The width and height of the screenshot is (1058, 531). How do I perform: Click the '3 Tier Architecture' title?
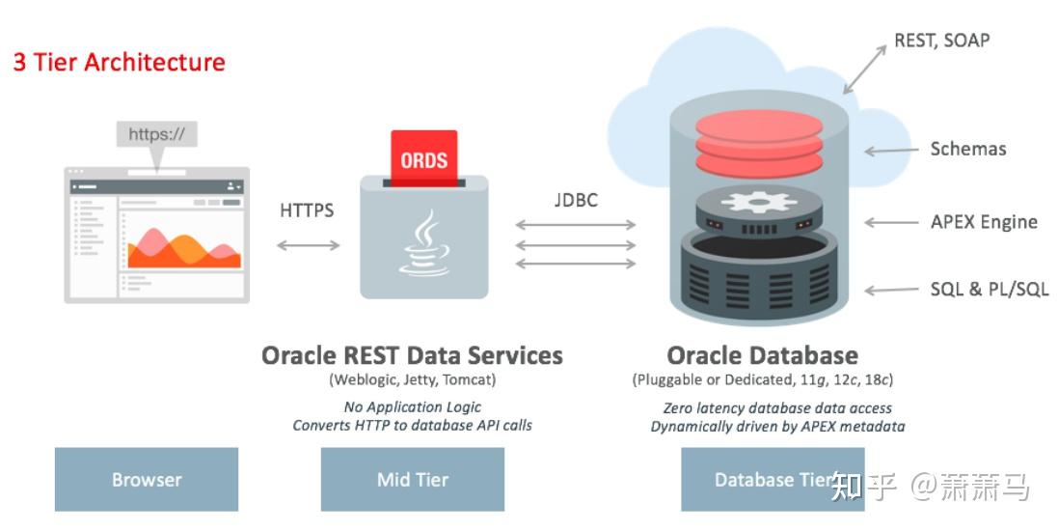(x=119, y=63)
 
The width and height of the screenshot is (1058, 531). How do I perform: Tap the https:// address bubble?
(x=156, y=134)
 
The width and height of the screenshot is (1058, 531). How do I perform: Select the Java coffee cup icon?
(x=423, y=245)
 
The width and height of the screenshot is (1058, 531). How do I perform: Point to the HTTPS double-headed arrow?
(x=308, y=245)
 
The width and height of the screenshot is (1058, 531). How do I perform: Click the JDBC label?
(x=576, y=200)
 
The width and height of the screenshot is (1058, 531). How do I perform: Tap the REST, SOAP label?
(x=942, y=40)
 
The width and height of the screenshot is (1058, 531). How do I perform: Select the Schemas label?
(x=967, y=149)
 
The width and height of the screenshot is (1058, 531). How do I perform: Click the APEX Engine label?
(x=984, y=222)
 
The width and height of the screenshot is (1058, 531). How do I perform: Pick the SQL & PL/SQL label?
(x=989, y=290)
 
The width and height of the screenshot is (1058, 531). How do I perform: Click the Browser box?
(x=147, y=479)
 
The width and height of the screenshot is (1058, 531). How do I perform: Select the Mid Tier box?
(x=413, y=479)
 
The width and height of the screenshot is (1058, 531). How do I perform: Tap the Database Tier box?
(x=773, y=479)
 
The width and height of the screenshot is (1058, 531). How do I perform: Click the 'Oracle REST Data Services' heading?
(x=412, y=355)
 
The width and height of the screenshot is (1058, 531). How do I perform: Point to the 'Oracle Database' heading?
(x=762, y=355)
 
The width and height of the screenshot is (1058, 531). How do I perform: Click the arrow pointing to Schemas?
(x=889, y=150)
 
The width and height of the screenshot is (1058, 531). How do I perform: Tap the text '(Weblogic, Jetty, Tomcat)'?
(x=412, y=379)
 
